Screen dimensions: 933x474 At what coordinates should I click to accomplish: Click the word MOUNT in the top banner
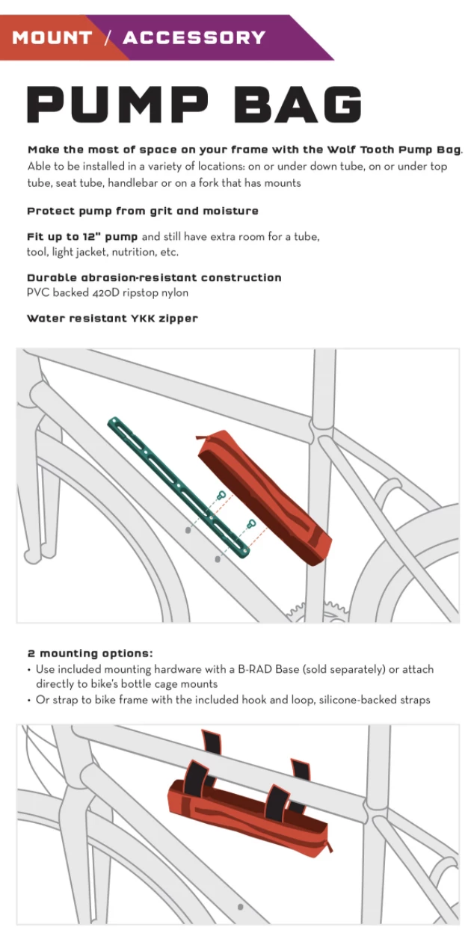pos(52,37)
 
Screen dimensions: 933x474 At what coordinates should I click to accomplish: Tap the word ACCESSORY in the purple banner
pos(194,37)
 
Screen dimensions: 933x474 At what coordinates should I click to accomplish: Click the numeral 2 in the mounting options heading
pos(31,653)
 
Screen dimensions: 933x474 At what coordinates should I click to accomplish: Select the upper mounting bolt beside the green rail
pos(221,495)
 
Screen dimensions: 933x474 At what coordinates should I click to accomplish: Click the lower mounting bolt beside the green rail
pos(251,523)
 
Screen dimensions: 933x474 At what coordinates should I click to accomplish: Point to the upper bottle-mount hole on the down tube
pos(188,529)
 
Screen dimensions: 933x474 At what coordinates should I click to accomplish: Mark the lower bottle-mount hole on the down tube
pos(218,558)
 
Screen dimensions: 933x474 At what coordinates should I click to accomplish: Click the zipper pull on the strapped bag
pos(329,847)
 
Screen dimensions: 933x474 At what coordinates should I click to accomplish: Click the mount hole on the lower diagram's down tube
pos(240,907)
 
